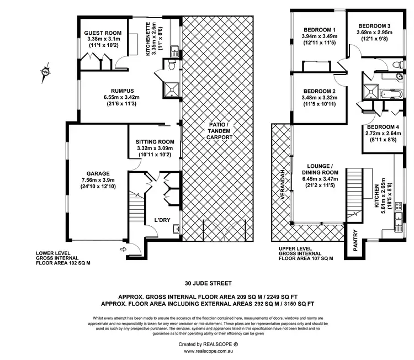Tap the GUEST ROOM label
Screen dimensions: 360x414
pyautogui.click(x=103, y=33)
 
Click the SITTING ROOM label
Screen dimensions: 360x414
pyautogui.click(x=155, y=141)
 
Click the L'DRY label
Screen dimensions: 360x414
pyautogui.click(x=162, y=220)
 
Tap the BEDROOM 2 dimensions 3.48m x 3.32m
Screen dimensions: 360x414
pyautogui.click(x=319, y=98)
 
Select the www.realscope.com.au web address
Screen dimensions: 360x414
pyautogui.click(x=208, y=351)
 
